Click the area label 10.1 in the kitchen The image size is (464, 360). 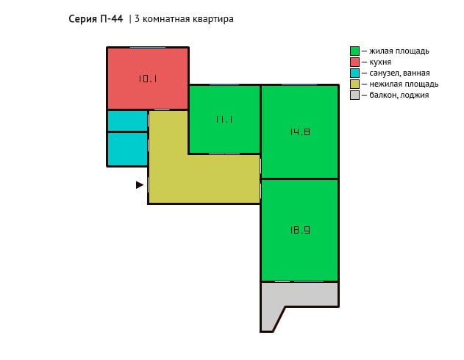(x=148, y=79)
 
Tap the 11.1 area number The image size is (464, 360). (x=224, y=120)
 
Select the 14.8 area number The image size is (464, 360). (x=300, y=132)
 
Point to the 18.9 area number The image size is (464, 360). (x=300, y=230)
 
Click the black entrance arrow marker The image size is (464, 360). (x=140, y=185)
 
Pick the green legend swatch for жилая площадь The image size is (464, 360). (x=354, y=51)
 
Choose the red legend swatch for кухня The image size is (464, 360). (x=354, y=62)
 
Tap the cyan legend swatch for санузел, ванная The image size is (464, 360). (x=354, y=73)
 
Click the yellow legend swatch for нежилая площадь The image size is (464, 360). (x=354, y=84)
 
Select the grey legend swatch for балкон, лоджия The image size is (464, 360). (x=354, y=96)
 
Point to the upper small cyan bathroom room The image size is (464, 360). (x=127, y=121)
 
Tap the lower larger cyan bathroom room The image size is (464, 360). (x=127, y=149)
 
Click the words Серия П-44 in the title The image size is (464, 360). (x=96, y=19)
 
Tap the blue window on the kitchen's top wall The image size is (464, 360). (x=148, y=47)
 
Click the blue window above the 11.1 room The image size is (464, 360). (x=224, y=84)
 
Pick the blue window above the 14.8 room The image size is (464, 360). (x=299, y=84)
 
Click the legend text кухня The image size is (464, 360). (x=380, y=62)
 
